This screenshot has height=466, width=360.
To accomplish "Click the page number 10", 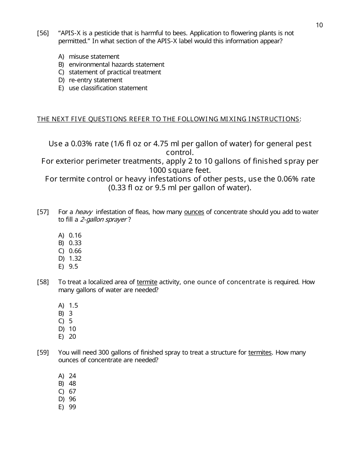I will (319, 25).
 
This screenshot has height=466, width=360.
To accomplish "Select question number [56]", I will (43, 33).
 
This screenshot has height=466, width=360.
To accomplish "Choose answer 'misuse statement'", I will (94, 57).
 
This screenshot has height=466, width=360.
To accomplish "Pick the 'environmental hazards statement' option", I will (116, 64).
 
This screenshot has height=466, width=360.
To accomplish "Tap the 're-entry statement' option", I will (95, 80).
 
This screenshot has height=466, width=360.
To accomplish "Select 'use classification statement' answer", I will (108, 88).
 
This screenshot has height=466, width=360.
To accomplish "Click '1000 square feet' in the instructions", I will (180, 170).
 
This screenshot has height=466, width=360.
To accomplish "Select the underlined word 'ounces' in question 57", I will (194, 212).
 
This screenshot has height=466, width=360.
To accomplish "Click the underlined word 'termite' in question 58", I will (147, 282).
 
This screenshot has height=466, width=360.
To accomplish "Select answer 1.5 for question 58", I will (73, 305).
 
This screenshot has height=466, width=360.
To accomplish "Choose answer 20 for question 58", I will (72, 336).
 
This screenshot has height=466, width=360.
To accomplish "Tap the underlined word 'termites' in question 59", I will (260, 352).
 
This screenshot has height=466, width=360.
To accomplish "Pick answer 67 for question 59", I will (72, 391).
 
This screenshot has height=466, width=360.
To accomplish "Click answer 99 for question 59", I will (72, 407).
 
